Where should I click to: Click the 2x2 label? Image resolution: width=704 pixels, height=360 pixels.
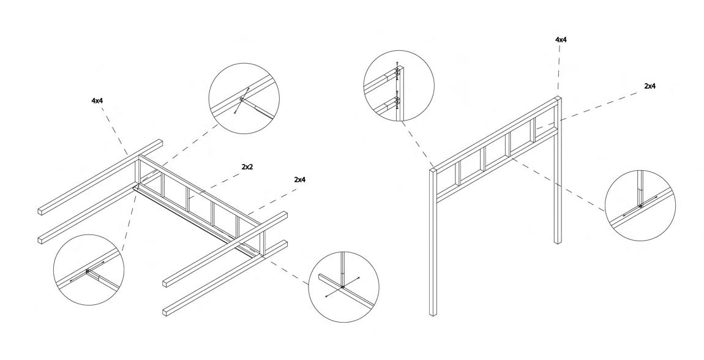pyautogui.click(x=247, y=167)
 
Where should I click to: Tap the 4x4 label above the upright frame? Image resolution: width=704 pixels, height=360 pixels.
pyautogui.click(x=560, y=40)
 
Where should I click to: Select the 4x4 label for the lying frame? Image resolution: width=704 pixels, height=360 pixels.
pyautogui.click(x=97, y=100)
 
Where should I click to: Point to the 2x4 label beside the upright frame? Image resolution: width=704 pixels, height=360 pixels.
pyautogui.click(x=650, y=87)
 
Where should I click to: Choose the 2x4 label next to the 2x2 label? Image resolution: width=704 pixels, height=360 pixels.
pyautogui.click(x=299, y=179)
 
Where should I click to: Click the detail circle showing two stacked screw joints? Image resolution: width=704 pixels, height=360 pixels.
pyautogui.click(x=399, y=85)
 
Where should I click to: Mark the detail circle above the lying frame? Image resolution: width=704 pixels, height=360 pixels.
pyautogui.click(x=244, y=100)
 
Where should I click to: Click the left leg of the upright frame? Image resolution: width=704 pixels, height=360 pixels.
pyautogui.click(x=432, y=245)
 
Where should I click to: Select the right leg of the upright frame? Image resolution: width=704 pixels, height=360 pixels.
pyautogui.click(x=558, y=184)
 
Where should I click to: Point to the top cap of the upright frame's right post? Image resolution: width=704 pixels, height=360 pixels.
pyautogui.click(x=558, y=99)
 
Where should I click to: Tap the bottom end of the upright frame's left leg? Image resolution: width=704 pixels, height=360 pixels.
pyautogui.click(x=433, y=313)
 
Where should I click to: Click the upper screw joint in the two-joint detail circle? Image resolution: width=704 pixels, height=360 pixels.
pyautogui.click(x=397, y=73)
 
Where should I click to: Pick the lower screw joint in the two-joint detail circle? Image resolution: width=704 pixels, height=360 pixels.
pyautogui.click(x=397, y=100)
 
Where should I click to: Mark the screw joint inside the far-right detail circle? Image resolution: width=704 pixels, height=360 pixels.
pyautogui.click(x=640, y=205)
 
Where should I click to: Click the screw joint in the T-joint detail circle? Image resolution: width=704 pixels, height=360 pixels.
pyautogui.click(x=343, y=287)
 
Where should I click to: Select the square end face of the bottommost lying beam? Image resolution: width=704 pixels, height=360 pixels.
pyautogui.click(x=166, y=311)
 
